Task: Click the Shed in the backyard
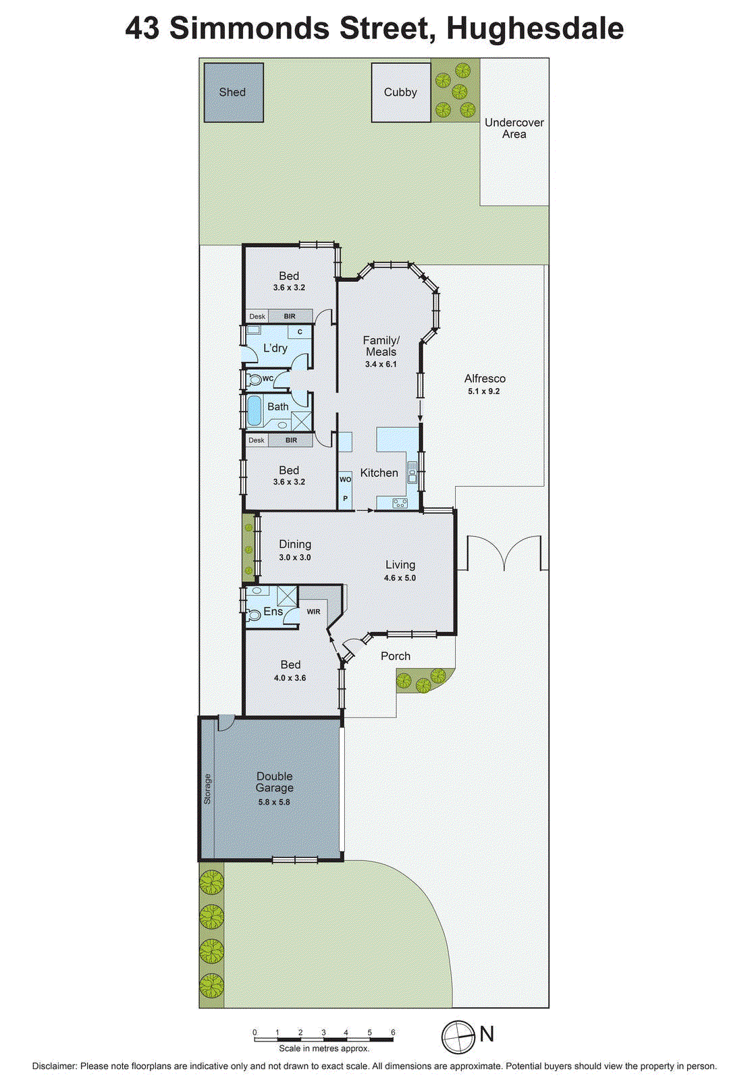tap(234, 92)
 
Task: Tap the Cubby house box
tap(400, 92)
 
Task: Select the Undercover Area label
tap(514, 128)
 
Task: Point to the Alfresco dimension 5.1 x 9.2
tap(484, 391)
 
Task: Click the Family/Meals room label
tap(381, 346)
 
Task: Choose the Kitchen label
tap(379, 473)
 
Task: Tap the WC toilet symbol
tap(255, 380)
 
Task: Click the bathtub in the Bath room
tap(255, 410)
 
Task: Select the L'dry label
tap(275, 348)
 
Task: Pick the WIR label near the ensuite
tap(314, 612)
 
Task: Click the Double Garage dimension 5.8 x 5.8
tap(274, 802)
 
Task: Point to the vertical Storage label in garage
tap(207, 788)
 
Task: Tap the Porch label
tap(396, 656)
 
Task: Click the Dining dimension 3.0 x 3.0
tap(295, 558)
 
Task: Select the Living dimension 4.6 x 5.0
tap(400, 578)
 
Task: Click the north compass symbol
tap(458, 1037)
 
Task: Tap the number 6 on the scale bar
tap(393, 1033)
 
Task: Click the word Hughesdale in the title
tap(535, 28)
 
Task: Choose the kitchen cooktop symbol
tap(400, 503)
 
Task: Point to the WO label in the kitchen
tap(345, 479)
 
